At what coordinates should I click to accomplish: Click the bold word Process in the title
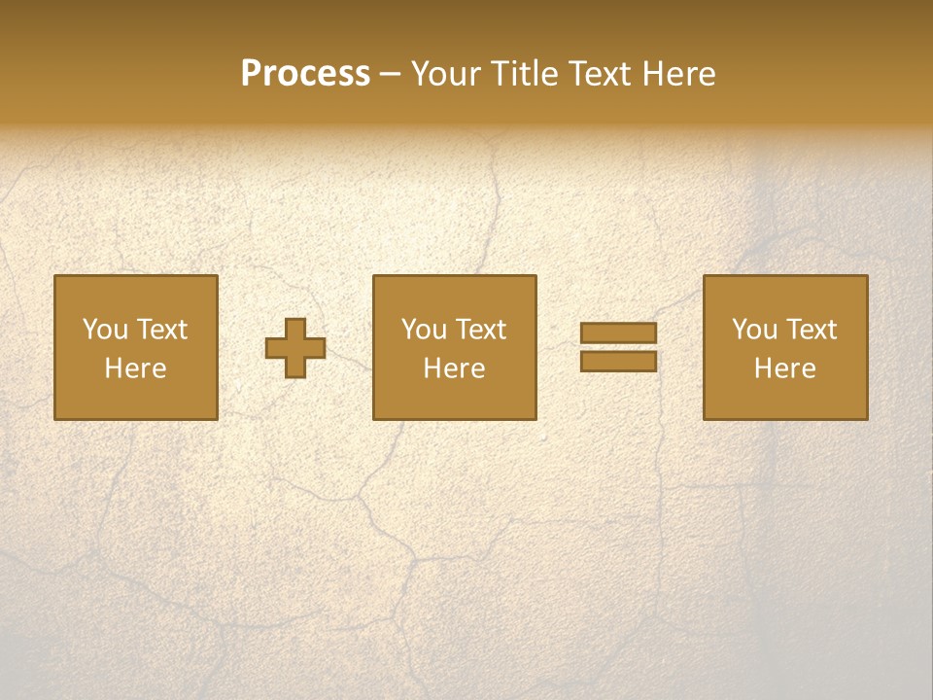[x=305, y=74]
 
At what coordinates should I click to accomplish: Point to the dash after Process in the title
[x=391, y=74]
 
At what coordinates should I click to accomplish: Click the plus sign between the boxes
[x=295, y=347]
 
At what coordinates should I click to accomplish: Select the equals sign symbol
[x=618, y=347]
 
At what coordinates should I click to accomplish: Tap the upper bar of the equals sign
[x=618, y=332]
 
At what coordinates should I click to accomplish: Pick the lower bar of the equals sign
[x=618, y=362]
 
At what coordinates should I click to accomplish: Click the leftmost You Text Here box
[x=136, y=347]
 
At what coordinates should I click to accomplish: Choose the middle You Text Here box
[x=455, y=347]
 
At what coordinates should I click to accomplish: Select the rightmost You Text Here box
[x=785, y=347]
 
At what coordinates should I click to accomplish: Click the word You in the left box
[x=105, y=330]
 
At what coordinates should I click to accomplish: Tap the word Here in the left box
[x=136, y=368]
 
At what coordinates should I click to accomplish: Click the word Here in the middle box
[x=455, y=368]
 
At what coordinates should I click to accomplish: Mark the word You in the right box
[x=754, y=330]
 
